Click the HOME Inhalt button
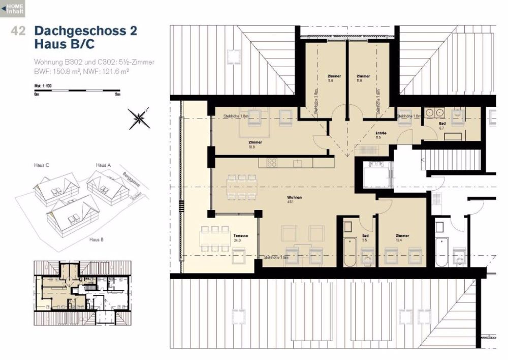click(x=12, y=8)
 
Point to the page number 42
click(x=18, y=31)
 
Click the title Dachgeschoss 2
click(x=85, y=31)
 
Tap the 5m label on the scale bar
click(x=117, y=95)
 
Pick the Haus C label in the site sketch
click(x=41, y=166)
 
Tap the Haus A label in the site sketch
click(x=103, y=166)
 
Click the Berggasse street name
click(x=132, y=181)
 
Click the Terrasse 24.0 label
click(x=237, y=238)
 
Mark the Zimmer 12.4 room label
click(x=402, y=238)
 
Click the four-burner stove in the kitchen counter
click(x=272, y=163)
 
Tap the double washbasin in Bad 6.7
click(x=434, y=113)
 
